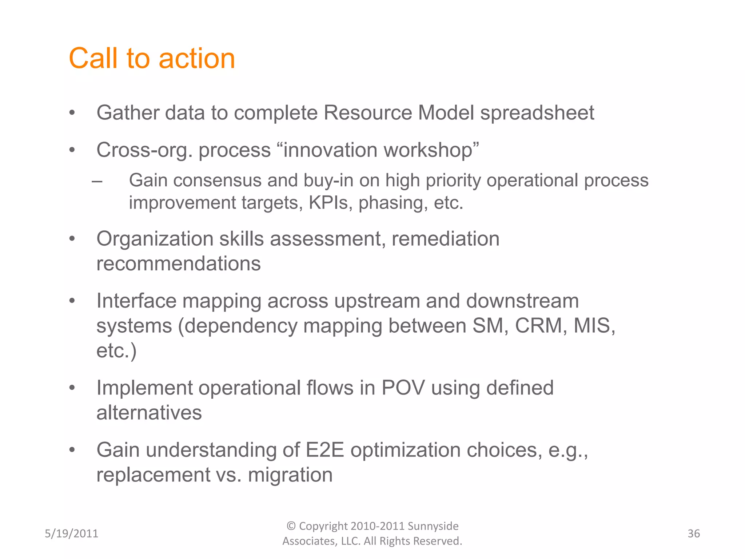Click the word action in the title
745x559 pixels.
click(197, 59)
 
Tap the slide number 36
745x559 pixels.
click(693, 534)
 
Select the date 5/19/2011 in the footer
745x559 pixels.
click(71, 534)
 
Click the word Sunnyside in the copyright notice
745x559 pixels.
click(433, 526)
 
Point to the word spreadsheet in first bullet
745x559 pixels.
click(537, 113)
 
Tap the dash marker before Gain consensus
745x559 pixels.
click(97, 181)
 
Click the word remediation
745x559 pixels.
click(445, 239)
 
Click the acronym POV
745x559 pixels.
click(403, 388)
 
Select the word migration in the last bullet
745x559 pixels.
click(290, 475)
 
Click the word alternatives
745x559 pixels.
click(149, 413)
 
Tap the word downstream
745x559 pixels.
click(522, 301)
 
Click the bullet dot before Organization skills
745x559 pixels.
click(72, 239)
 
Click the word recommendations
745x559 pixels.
click(178, 263)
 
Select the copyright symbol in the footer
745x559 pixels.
click(291, 526)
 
